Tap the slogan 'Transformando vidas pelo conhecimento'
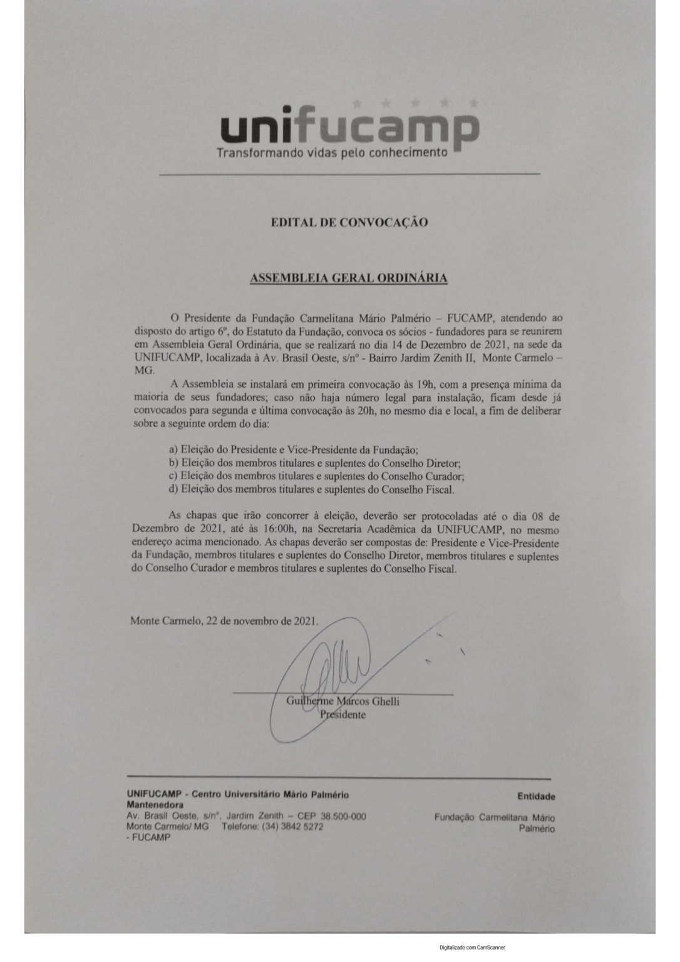pos(331,152)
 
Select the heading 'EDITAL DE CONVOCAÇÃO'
pos(349,222)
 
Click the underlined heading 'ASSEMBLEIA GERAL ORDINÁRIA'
pos(349,278)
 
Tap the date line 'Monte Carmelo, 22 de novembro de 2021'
pos(224,622)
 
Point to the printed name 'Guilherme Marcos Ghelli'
pos(343,701)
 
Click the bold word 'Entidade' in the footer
pos(536,797)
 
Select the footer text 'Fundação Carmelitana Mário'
pos(495,817)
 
